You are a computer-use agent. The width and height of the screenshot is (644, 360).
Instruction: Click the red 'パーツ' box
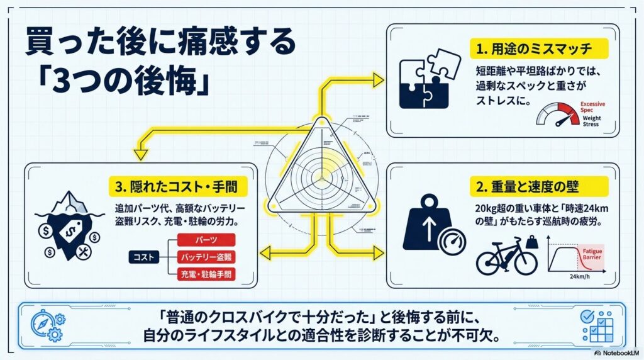[x=207, y=240]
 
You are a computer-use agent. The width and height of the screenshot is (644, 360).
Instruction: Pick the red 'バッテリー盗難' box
[x=207, y=257]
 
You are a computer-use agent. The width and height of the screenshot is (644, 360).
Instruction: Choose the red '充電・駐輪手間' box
[x=207, y=275]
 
